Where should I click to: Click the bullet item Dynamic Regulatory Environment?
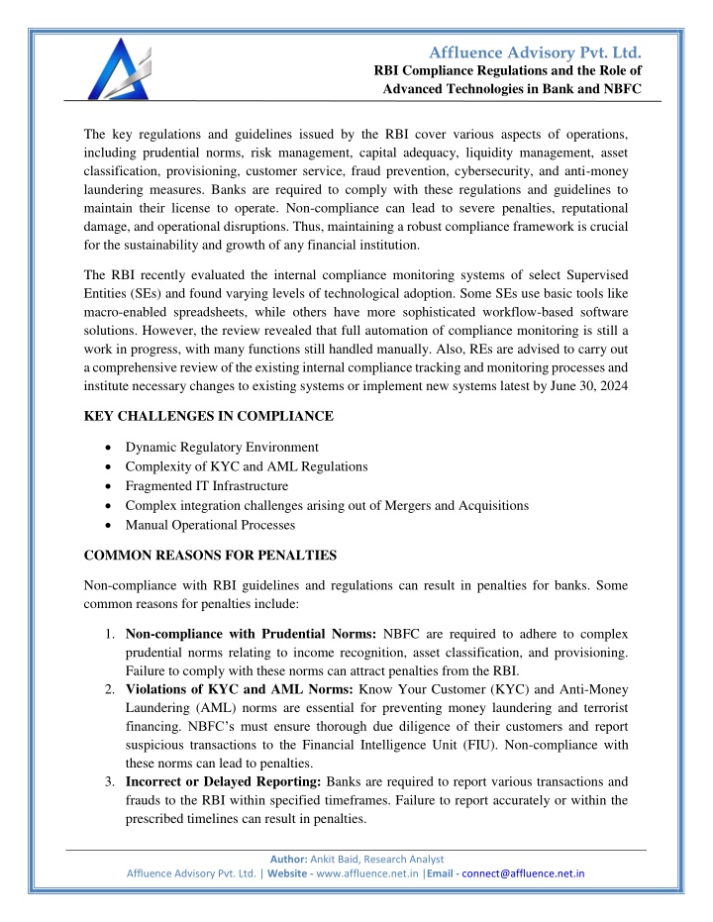(x=222, y=446)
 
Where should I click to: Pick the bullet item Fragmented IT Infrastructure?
(x=207, y=485)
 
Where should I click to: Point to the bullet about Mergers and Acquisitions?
(x=327, y=505)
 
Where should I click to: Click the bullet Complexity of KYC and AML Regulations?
(x=247, y=465)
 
